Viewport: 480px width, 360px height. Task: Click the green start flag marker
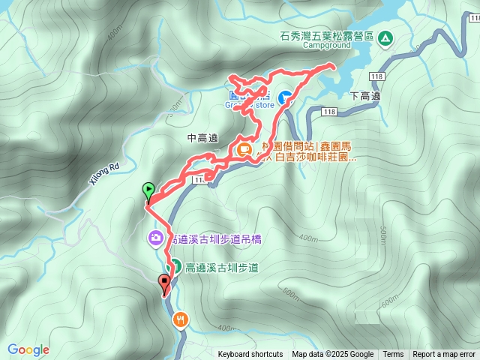148,190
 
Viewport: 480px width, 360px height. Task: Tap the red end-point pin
165,283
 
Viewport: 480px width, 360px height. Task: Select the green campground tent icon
385,37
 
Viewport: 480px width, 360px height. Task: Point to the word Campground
327,45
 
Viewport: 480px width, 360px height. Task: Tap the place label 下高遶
365,96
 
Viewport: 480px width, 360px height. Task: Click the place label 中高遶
202,138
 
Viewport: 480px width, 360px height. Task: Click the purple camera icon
154,239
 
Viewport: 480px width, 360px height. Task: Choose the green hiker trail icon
174,265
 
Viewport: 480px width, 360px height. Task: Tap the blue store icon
286,97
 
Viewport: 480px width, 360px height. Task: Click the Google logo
28,349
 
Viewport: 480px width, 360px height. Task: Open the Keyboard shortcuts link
250,355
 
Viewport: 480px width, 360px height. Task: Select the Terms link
393,355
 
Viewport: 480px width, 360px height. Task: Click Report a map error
445,355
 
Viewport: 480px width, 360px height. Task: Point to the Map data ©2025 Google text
332,355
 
